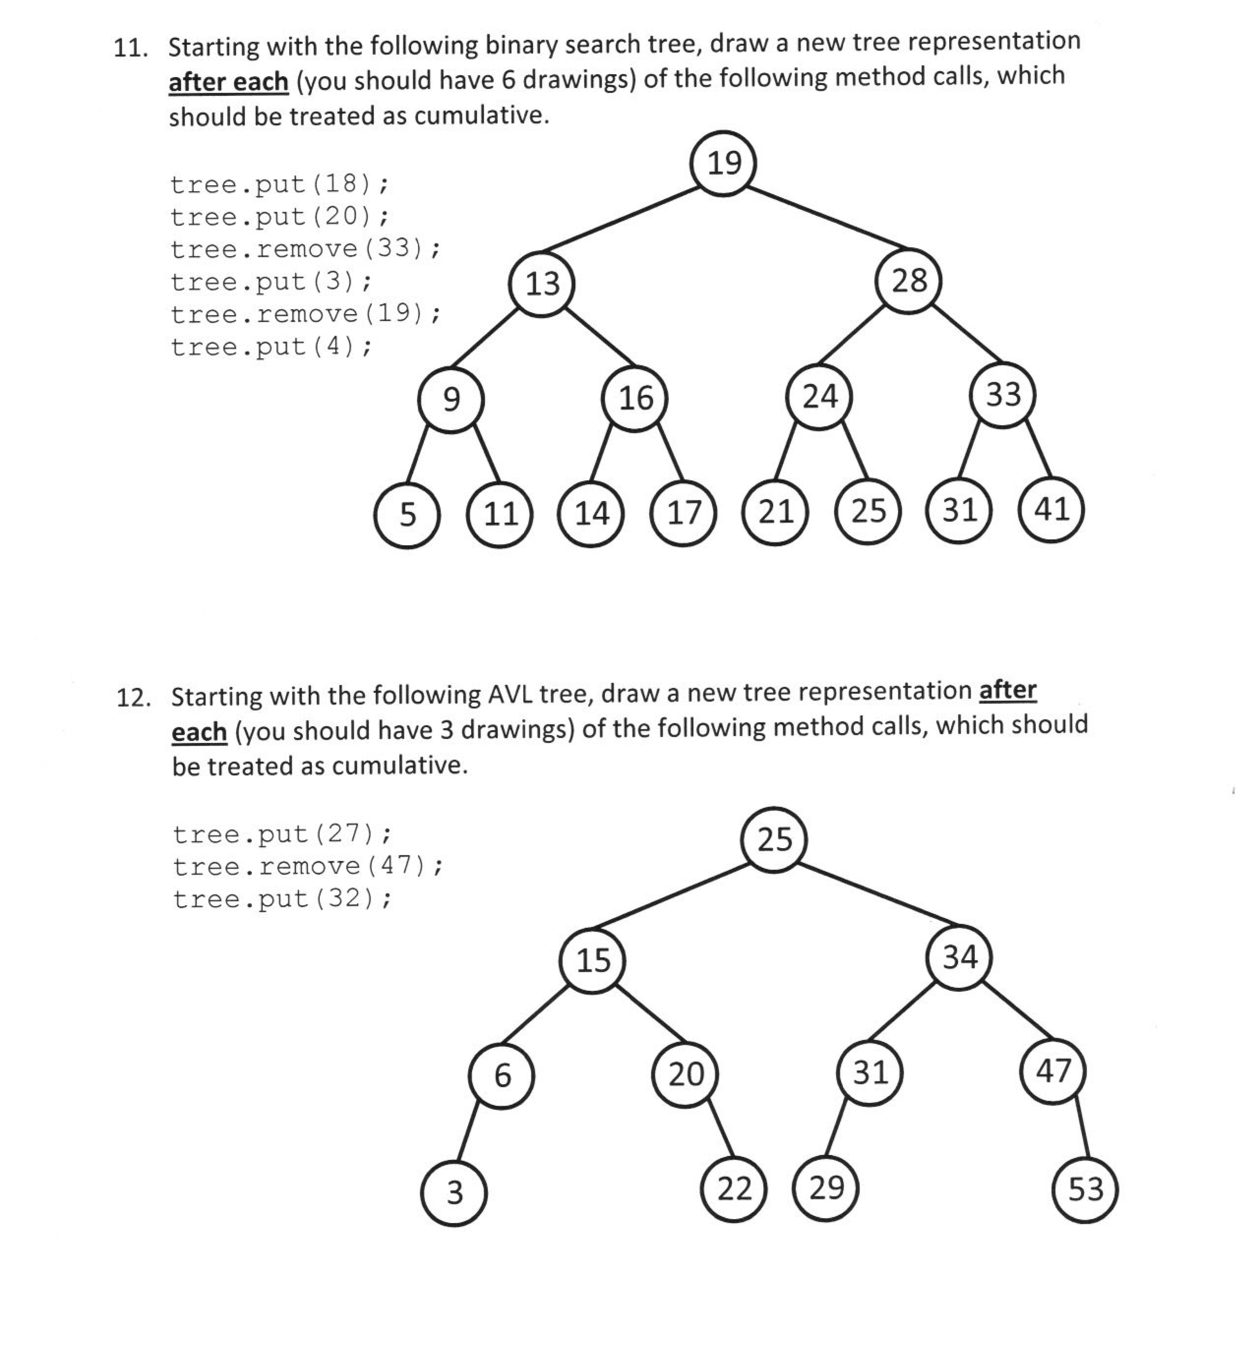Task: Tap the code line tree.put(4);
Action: [x=270, y=347]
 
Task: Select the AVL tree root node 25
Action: [x=774, y=839]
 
